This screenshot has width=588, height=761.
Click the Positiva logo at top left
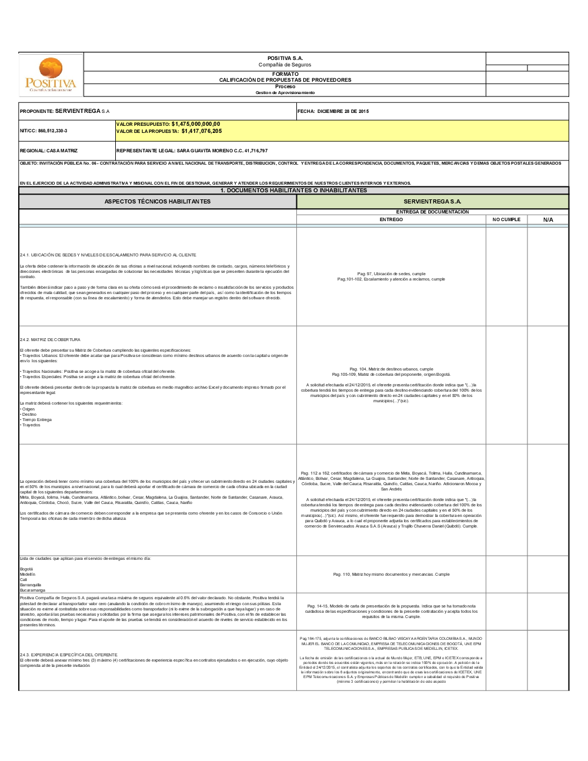coord(51,75)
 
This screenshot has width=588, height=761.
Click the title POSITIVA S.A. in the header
coord(285,58)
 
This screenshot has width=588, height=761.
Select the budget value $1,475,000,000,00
coord(196,124)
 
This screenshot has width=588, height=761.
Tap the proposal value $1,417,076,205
coord(202,131)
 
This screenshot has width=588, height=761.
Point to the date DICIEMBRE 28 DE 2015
coord(343,111)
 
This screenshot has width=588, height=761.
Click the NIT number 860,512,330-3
coord(52,131)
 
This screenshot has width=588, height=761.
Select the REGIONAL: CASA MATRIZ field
coord(49,151)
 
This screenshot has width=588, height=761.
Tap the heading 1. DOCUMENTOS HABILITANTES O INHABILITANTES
coord(293,191)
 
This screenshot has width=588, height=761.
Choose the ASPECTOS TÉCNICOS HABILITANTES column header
coord(158,202)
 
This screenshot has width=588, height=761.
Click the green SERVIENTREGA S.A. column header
coord(432,202)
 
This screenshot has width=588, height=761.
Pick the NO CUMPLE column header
coord(506,219)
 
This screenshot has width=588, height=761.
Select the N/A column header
coord(548,219)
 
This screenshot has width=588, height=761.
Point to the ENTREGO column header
coord(391,219)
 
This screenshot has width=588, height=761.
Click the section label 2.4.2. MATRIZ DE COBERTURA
coord(50,339)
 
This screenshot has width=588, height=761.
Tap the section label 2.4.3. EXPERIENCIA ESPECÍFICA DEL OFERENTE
coord(69,655)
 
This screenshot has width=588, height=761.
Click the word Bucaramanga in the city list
coord(32,590)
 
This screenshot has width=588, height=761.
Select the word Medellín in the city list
coord(28,574)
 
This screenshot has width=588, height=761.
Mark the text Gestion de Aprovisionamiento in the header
coord(285,93)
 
